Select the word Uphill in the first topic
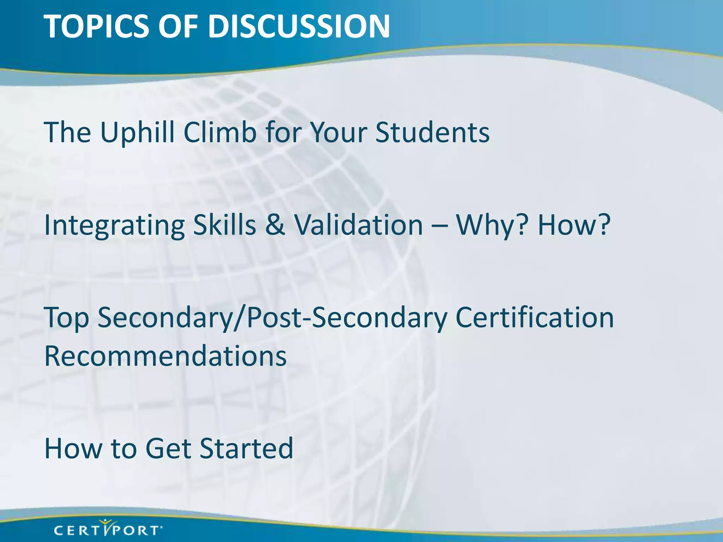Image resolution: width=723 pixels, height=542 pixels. point(137,132)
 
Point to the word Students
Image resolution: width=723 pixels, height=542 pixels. point(432,132)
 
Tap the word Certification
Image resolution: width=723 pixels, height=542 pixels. point(534,318)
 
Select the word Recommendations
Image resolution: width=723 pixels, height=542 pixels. point(165,356)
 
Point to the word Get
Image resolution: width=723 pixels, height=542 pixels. point(168,448)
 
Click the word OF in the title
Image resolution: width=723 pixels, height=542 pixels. point(178,26)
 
